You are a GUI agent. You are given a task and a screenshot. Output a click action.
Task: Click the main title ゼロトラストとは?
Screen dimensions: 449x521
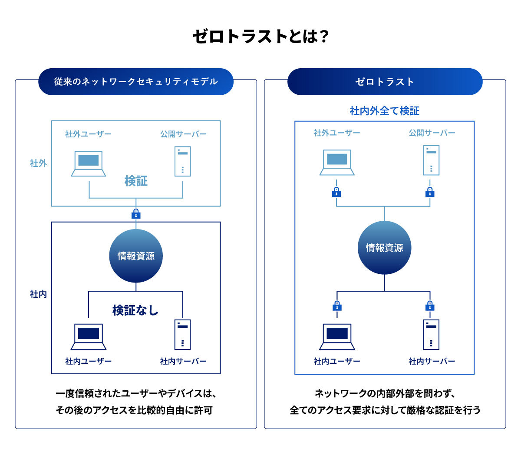point(260,37)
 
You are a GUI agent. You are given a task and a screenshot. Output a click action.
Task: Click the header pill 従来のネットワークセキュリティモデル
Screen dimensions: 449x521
point(136,82)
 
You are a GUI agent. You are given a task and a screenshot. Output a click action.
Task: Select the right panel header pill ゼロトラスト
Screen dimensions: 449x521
point(385,82)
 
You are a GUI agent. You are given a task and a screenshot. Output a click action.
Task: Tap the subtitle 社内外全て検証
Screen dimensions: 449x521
point(385,111)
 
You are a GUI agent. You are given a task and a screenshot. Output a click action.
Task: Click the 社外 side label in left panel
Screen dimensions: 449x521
point(38,163)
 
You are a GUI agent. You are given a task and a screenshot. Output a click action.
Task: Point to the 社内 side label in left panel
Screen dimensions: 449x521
point(38,294)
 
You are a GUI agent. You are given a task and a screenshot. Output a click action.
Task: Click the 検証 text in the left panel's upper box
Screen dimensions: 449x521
point(136,181)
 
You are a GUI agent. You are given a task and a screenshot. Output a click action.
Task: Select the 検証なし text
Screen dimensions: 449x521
point(135,310)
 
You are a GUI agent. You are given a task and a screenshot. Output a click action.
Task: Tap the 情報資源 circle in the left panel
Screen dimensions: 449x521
point(136,256)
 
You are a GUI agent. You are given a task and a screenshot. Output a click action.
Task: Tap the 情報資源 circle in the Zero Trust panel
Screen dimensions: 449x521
point(385,248)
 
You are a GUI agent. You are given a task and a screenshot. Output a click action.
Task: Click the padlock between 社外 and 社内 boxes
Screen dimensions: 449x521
point(136,214)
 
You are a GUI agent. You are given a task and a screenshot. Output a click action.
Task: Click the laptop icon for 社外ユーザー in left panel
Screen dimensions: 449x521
point(89,163)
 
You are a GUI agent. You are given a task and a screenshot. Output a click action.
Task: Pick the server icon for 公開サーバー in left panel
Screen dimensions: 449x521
point(183,161)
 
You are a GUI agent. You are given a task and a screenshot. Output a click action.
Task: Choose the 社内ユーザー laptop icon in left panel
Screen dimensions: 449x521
point(89,336)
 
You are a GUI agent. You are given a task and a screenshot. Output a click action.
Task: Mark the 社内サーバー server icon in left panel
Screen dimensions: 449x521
point(183,334)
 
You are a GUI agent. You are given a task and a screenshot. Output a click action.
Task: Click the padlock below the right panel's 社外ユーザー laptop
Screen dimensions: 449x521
point(336,192)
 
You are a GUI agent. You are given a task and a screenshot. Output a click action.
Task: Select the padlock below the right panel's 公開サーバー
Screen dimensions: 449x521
point(430,192)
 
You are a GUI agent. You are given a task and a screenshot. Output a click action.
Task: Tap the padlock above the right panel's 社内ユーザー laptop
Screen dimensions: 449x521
point(337,306)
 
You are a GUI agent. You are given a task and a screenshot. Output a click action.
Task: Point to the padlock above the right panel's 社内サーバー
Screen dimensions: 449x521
point(430,306)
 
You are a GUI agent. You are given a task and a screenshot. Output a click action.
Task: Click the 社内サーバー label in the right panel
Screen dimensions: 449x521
point(432,361)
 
